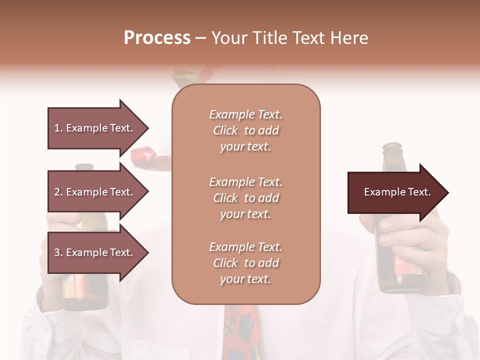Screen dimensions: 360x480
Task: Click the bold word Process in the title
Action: tap(157, 38)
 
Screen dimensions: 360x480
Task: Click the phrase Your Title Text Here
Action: tap(289, 38)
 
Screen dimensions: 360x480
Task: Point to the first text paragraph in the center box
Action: tap(245, 130)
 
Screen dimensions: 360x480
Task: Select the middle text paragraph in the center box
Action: tap(245, 198)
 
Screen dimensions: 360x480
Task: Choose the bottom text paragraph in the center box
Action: tap(245, 263)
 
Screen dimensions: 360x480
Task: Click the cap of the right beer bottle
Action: tap(392, 147)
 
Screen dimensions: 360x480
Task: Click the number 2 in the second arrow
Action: tap(57, 192)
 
